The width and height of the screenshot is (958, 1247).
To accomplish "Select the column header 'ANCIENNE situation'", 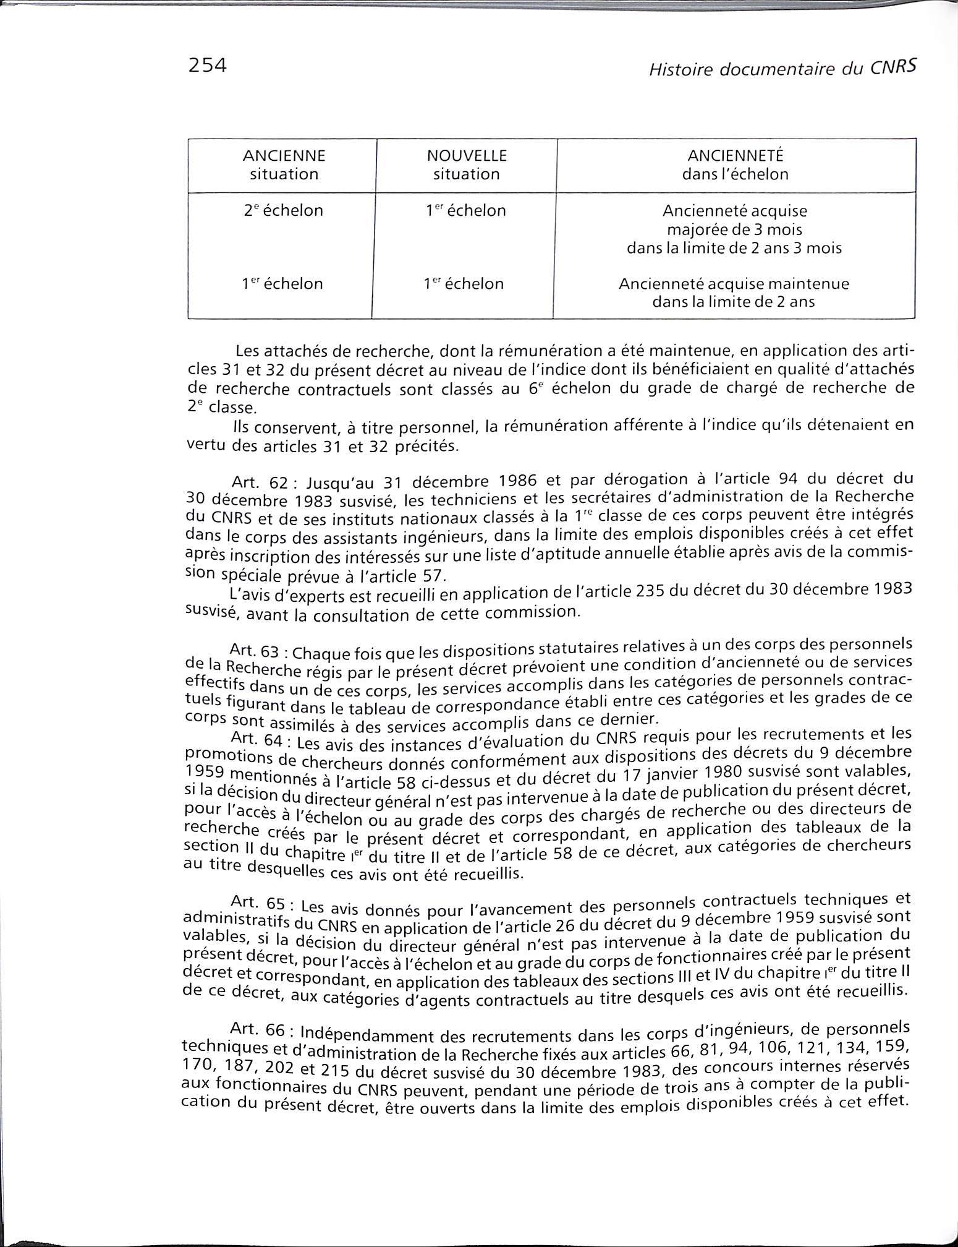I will pyautogui.click(x=284, y=165).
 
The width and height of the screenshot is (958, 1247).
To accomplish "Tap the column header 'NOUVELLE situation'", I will pyautogui.click(x=466, y=165).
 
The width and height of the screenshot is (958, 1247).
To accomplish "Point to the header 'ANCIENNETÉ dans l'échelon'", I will pyautogui.click(x=735, y=165).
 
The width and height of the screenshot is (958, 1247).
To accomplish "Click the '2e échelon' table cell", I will pyautogui.click(x=284, y=211).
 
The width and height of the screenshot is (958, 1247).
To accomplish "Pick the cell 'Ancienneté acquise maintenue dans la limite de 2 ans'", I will pyautogui.click(x=734, y=293).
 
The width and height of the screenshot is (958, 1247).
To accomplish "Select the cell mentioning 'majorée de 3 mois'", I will pyautogui.click(x=734, y=229).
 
